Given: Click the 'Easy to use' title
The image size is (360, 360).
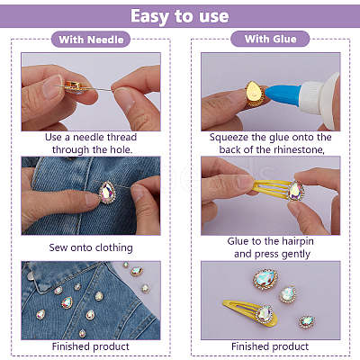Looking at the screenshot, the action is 180,16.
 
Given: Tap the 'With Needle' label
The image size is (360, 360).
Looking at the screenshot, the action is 91,40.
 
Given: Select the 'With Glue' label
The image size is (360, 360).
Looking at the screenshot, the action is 270,39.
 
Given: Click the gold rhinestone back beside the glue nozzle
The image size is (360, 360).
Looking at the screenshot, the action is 255,94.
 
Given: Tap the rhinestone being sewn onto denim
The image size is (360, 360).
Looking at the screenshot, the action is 107,193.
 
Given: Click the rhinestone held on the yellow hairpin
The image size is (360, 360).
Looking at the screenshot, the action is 296,191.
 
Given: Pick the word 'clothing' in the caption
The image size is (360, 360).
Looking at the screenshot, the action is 113,247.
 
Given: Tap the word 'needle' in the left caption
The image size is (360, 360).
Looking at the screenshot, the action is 88,137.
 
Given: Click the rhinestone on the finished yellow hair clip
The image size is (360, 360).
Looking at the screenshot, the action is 265,313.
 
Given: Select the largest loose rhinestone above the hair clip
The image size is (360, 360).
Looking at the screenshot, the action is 265,280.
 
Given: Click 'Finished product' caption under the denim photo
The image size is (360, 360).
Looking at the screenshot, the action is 91,346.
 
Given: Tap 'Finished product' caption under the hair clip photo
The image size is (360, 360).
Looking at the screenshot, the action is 270,346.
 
